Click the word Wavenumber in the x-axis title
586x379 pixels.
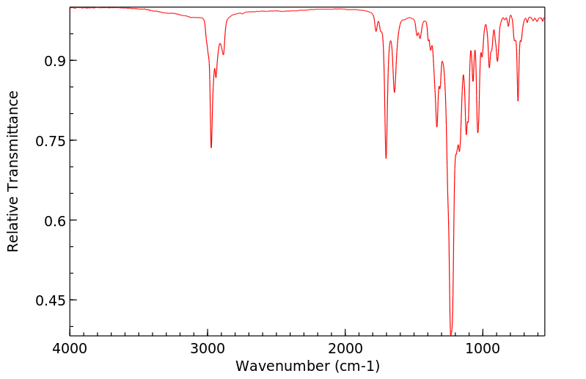click(x=280, y=366)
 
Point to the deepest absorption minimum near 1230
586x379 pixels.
click(x=451, y=334)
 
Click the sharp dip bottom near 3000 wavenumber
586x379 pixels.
click(x=211, y=148)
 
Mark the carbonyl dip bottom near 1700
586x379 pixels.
click(x=386, y=158)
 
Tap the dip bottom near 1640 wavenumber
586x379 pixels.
click(x=395, y=93)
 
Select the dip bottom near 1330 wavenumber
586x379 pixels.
click(x=437, y=126)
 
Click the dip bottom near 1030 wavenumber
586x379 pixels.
click(x=478, y=132)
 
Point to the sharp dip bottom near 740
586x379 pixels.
click(x=518, y=101)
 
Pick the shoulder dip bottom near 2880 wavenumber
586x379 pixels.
click(x=224, y=54)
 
